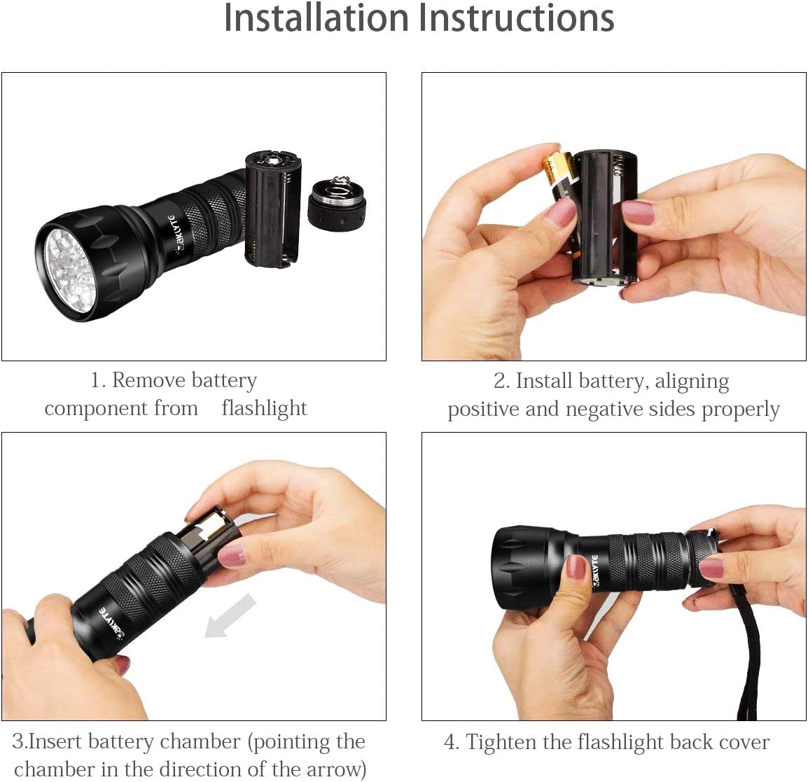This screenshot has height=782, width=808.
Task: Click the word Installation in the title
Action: (x=316, y=18)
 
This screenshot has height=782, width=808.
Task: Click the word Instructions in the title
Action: (x=516, y=18)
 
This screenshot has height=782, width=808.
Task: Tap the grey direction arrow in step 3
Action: (x=230, y=616)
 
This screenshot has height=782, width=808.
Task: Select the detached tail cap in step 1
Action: (x=337, y=203)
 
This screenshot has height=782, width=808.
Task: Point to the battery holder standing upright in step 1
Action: (x=272, y=209)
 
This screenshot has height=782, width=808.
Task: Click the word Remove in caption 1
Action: (x=149, y=381)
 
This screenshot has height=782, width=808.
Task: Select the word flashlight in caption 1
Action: (x=265, y=408)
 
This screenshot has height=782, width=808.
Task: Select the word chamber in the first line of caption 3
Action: (x=200, y=742)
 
